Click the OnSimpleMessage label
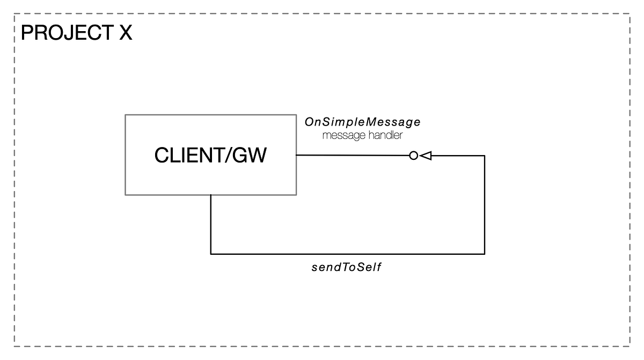point(362,122)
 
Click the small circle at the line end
point(413,156)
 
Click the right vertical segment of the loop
point(485,204)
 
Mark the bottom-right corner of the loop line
point(485,253)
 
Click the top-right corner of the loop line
point(485,156)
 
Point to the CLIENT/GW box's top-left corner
point(125,115)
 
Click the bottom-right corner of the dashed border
point(630,346)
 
